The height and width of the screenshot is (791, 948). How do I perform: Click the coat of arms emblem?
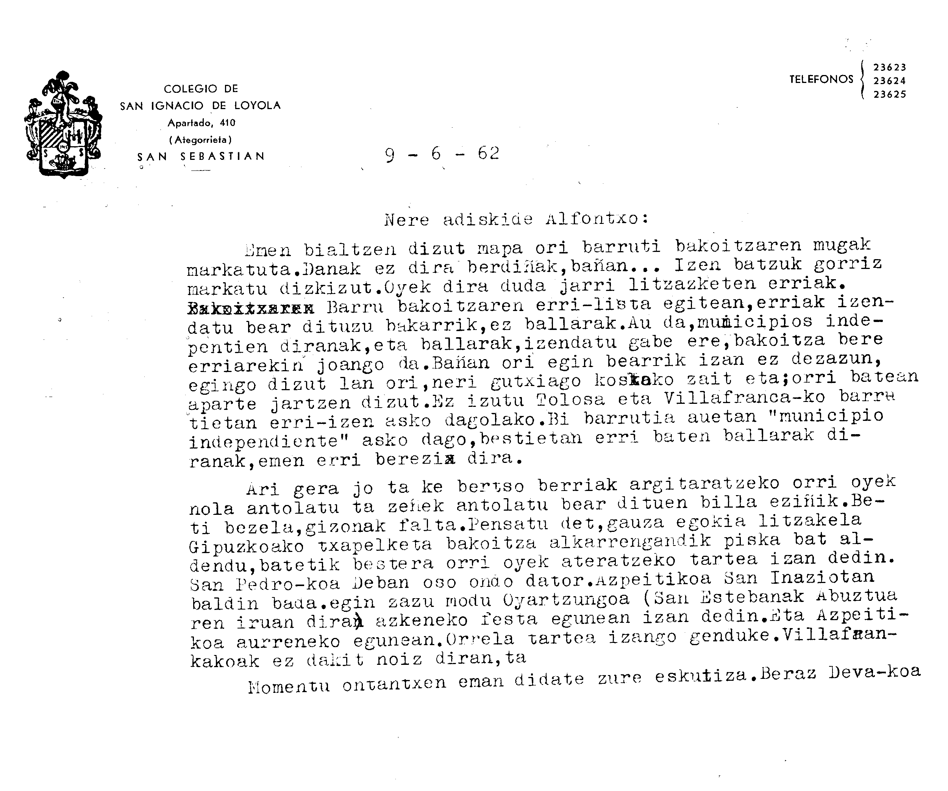[63, 124]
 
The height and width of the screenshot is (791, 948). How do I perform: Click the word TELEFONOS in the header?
[821, 80]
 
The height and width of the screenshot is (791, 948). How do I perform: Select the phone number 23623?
[890, 67]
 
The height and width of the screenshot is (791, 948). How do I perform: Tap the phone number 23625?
[890, 94]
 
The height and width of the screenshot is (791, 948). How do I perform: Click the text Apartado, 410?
[201, 122]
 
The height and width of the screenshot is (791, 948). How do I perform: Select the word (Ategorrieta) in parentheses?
[200, 140]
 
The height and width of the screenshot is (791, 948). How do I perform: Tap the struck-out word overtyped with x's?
[251, 309]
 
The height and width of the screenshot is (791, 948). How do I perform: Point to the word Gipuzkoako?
[247, 547]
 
